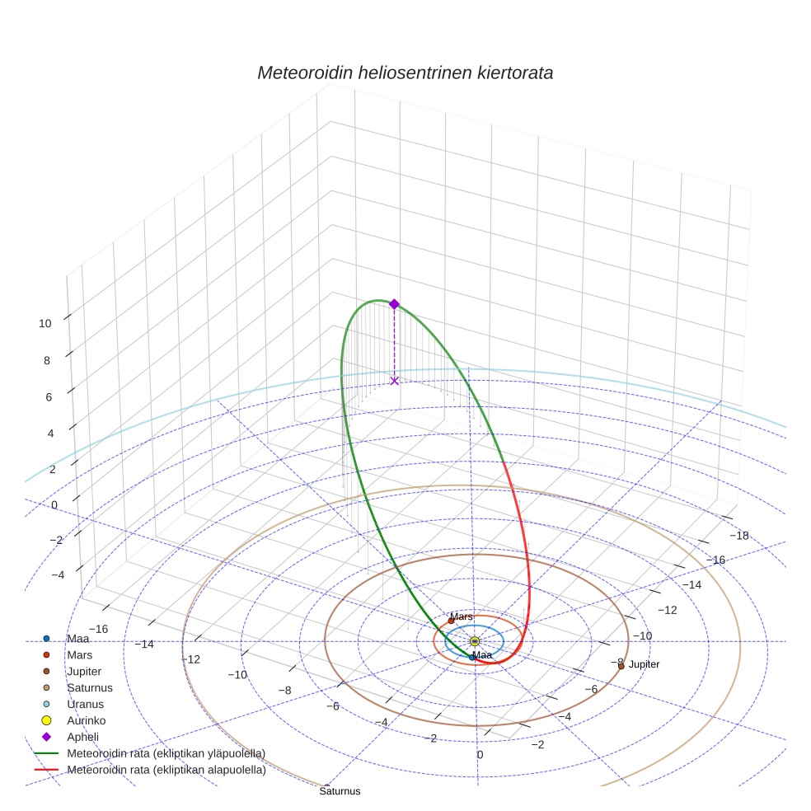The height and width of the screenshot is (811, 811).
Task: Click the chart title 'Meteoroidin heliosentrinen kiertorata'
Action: coord(405,73)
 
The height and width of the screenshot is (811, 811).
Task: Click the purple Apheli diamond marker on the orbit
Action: coord(394,304)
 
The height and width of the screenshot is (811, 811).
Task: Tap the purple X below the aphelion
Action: coord(394,380)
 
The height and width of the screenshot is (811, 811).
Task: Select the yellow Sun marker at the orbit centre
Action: coord(474,641)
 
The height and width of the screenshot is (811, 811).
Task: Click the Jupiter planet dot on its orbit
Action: coord(621,666)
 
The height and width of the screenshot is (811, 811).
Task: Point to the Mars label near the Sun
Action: coord(462,616)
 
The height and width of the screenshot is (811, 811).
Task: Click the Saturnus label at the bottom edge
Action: coord(340,791)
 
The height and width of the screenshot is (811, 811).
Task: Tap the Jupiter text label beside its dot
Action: coord(644,664)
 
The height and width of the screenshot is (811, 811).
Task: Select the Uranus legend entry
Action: coord(83,704)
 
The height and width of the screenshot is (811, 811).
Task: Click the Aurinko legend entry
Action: coord(86,720)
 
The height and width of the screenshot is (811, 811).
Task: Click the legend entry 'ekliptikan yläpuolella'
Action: coord(166,753)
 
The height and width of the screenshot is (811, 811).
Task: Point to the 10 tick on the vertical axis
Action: coord(45,324)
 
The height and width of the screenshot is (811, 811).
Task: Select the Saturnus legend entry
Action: coord(89,687)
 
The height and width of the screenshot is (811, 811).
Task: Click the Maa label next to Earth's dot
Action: coord(482,655)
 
